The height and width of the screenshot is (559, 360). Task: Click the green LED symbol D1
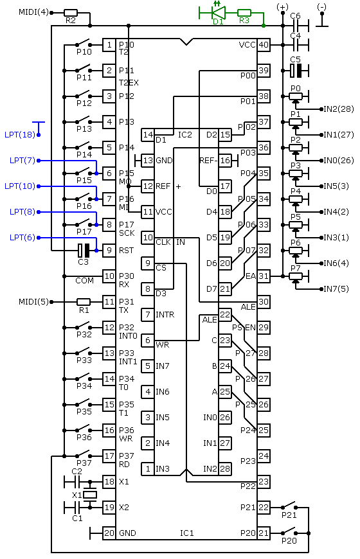pyautogui.click(x=218, y=12)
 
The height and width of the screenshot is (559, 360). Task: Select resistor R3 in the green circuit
pyautogui.click(x=244, y=13)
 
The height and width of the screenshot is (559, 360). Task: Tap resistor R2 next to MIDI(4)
pyautogui.click(x=71, y=13)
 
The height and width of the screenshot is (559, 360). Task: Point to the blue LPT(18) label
pyautogui.click(x=20, y=135)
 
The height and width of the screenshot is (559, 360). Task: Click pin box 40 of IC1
pyautogui.click(x=264, y=45)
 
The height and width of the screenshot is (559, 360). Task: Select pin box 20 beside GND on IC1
pyautogui.click(x=109, y=533)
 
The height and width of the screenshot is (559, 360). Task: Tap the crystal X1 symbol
pyautogui.click(x=90, y=495)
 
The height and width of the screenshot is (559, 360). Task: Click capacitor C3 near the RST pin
pyautogui.click(x=84, y=251)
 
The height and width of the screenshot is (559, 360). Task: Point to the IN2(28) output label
pyautogui.click(x=339, y=109)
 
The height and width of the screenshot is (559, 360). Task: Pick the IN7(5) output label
pyautogui.click(x=336, y=288)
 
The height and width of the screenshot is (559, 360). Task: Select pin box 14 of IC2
pyautogui.click(x=148, y=135)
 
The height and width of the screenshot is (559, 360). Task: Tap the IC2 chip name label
pyautogui.click(x=184, y=135)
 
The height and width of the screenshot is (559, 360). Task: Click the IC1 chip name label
pyautogui.click(x=187, y=533)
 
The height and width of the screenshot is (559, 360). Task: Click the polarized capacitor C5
pyautogui.click(x=296, y=71)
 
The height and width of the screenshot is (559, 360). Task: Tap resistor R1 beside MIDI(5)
pyautogui.click(x=84, y=302)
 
